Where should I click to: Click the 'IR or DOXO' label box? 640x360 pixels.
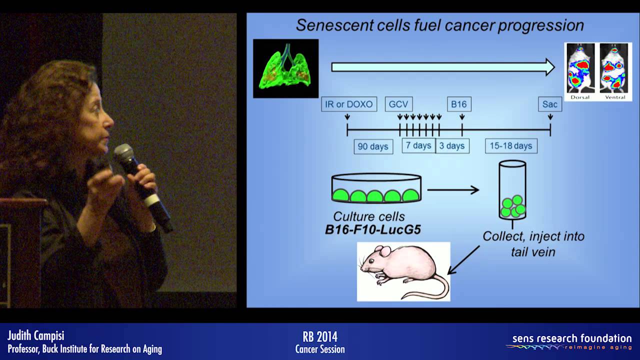(x=348, y=104)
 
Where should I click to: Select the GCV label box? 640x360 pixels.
(x=398, y=104)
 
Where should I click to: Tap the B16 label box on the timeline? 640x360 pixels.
(x=458, y=104)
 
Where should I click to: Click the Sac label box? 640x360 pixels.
(x=550, y=104)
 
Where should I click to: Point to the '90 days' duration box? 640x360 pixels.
(x=373, y=147)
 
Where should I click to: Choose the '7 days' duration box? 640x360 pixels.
(x=418, y=146)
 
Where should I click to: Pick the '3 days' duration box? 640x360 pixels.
(x=452, y=146)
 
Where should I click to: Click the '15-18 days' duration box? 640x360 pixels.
(x=510, y=146)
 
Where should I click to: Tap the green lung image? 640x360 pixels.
(x=285, y=68)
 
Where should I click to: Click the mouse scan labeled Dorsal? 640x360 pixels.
(x=580, y=68)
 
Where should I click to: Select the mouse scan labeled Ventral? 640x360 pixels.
(x=614, y=68)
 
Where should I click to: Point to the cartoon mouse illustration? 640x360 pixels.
(x=403, y=271)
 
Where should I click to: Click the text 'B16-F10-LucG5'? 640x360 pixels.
(x=372, y=230)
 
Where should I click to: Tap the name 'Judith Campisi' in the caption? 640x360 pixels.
(x=36, y=335)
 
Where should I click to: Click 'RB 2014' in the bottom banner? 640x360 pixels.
(x=320, y=336)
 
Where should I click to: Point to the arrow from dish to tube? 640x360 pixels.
(x=453, y=189)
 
